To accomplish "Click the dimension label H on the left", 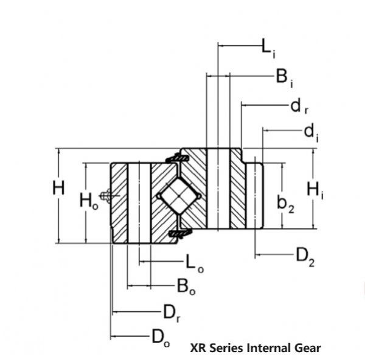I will [x=58, y=189].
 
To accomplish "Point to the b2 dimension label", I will [x=286, y=204].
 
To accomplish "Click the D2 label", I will [x=305, y=256].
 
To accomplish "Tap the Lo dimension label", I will [x=190, y=263].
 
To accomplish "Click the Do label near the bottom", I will [x=160, y=337].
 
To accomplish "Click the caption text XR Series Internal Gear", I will [x=255, y=348].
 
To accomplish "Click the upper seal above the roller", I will [x=177, y=158].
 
